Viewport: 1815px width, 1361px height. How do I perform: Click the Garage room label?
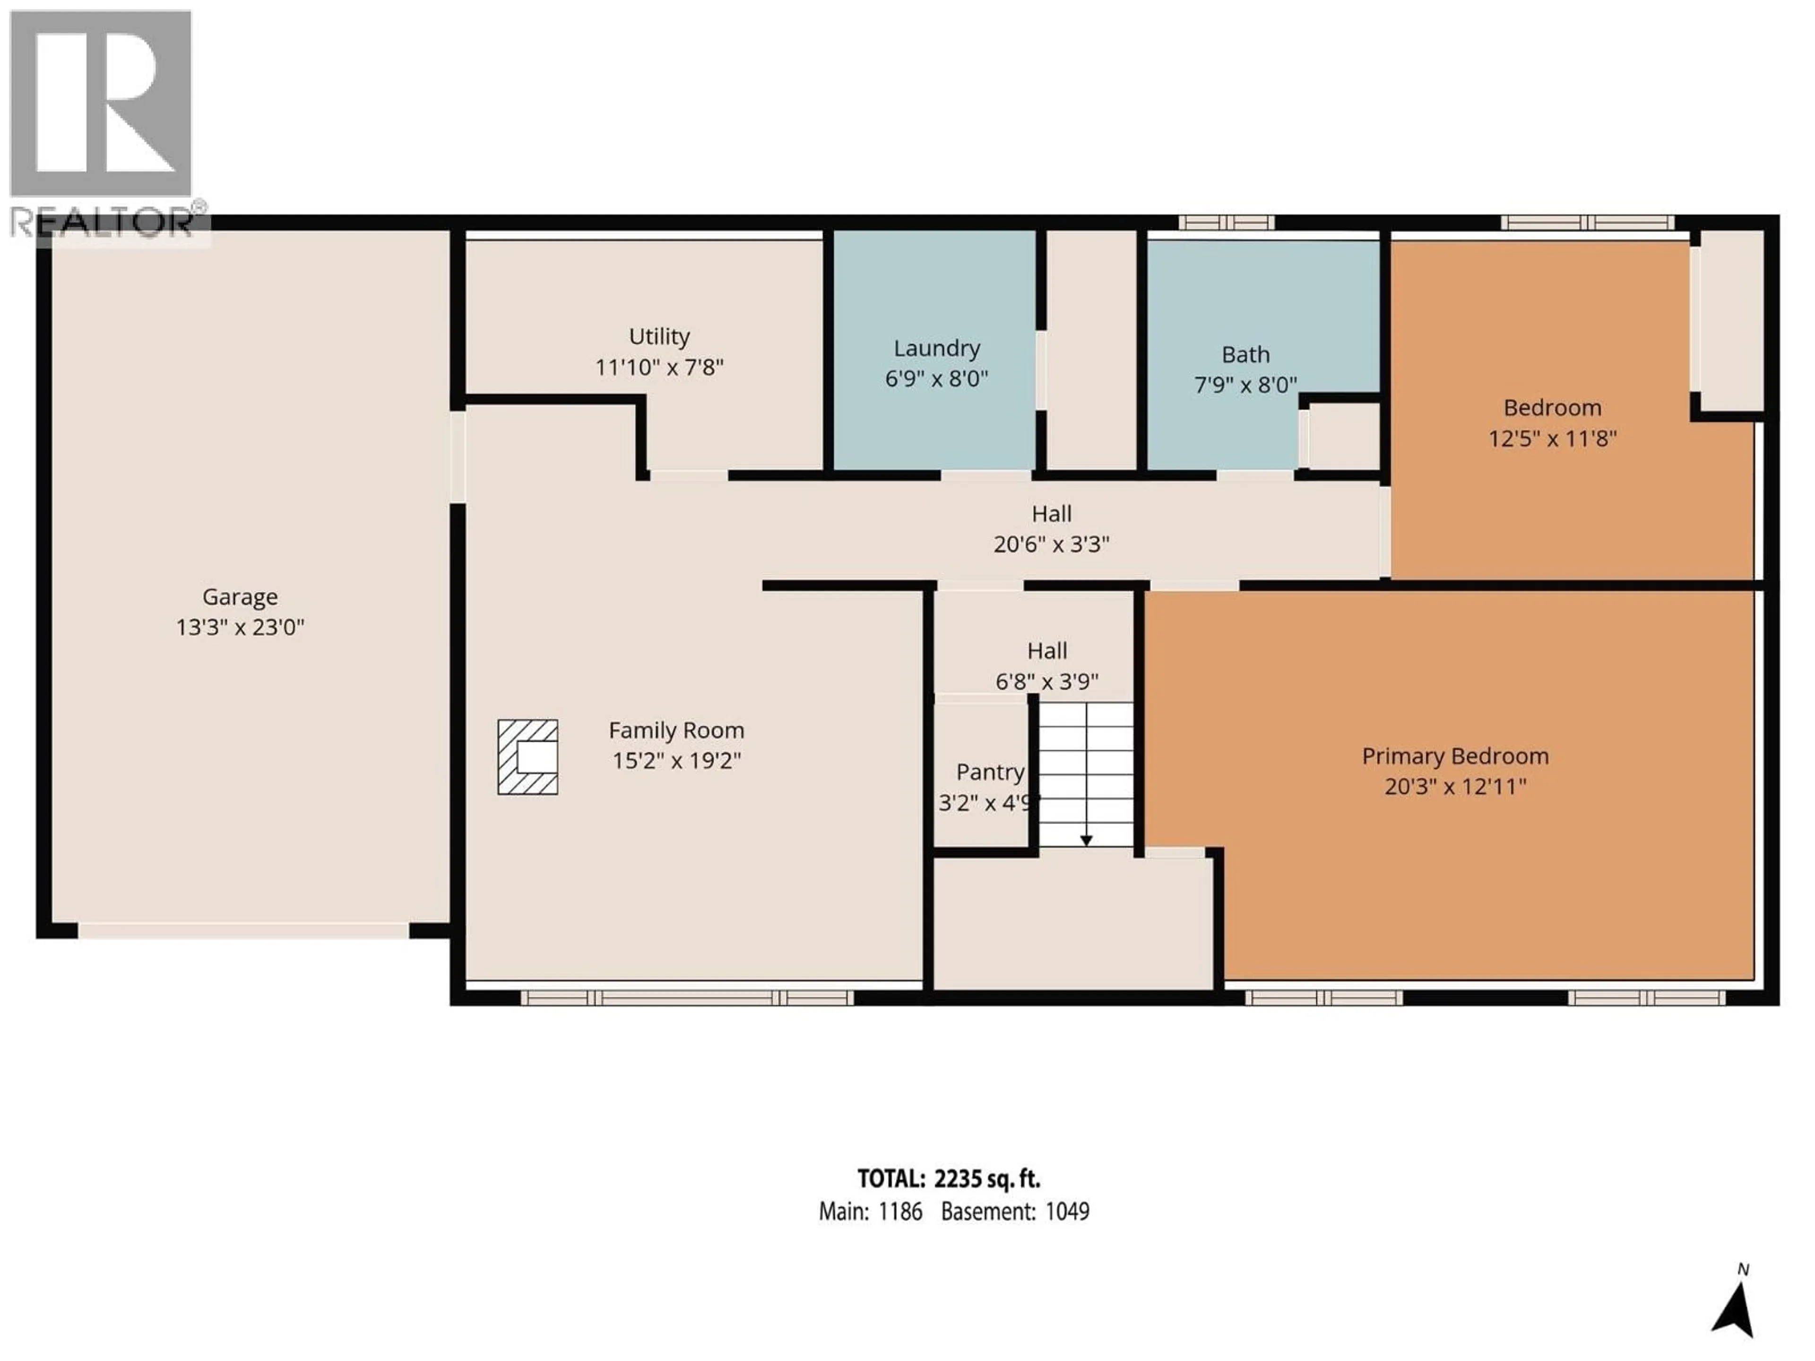[x=240, y=596]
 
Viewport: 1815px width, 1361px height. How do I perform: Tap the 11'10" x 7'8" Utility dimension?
[x=659, y=367]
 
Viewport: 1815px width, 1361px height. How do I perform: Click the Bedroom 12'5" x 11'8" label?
[x=1552, y=422]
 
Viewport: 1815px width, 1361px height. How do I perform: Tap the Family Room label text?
[x=676, y=730]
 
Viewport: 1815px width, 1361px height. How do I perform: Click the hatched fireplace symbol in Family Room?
[x=527, y=757]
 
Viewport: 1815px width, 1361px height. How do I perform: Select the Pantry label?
[x=990, y=772]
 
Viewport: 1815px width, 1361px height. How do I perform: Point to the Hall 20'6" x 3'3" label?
[x=1051, y=528]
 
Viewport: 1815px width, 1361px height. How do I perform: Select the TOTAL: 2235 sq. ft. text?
[x=949, y=1179]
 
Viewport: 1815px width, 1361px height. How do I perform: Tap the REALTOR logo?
[x=102, y=123]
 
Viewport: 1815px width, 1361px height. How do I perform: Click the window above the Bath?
[x=1226, y=222]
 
